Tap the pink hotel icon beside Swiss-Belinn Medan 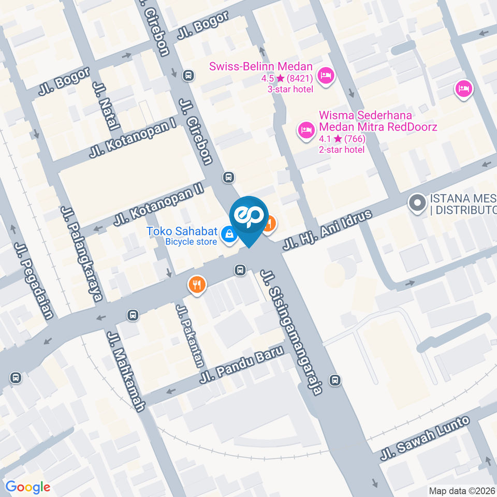[x=326, y=77]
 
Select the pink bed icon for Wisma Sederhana [x=306, y=129]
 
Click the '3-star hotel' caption [x=290, y=89]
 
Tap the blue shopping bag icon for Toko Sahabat [x=228, y=235]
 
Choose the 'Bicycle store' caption [x=191, y=241]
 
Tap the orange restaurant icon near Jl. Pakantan [x=197, y=284]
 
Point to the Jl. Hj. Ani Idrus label [x=327, y=230]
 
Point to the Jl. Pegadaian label [x=34, y=281]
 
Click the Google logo [x=27, y=487]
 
